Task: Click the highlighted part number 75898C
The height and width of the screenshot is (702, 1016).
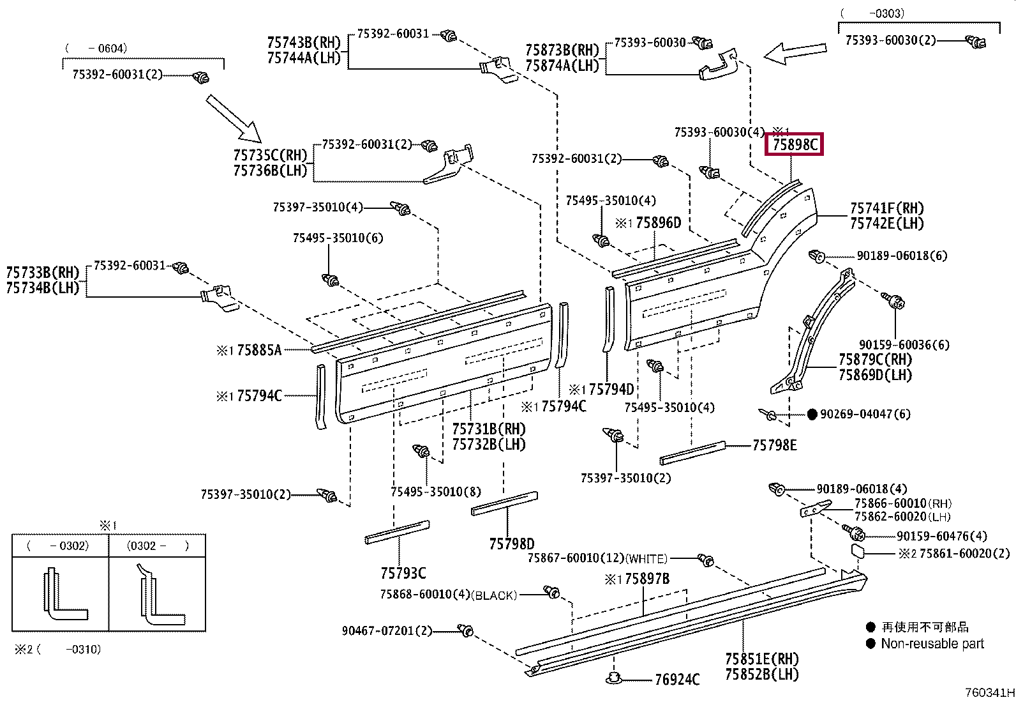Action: coord(795,145)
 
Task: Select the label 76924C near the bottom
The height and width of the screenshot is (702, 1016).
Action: coord(677,679)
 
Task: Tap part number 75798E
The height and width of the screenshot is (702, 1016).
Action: coord(774,445)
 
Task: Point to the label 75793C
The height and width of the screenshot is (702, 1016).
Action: coord(403,574)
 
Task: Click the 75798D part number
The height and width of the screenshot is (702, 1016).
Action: coord(512,544)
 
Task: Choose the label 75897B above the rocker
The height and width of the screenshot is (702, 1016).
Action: coord(647,579)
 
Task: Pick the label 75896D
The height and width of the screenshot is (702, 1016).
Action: coord(658,223)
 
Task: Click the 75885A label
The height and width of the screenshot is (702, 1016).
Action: coord(260,350)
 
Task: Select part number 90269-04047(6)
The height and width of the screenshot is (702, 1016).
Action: coord(865,414)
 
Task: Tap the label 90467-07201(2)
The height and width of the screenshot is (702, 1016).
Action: coord(387,630)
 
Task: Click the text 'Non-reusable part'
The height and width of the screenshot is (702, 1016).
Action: coord(932,643)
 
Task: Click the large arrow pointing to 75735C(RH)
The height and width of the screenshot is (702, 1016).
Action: coord(234,119)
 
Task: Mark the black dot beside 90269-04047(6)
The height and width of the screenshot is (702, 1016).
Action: coord(812,414)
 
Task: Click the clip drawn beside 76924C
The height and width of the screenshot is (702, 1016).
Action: coord(613,678)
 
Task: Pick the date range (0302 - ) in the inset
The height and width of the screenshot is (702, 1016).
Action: coord(158,546)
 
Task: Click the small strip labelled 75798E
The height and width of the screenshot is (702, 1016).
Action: coord(692,453)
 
